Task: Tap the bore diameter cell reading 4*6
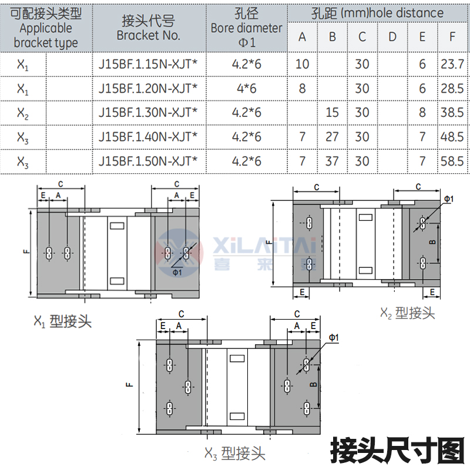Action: pos(246,88)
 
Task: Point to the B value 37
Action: pos(332,160)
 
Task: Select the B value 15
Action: pos(332,112)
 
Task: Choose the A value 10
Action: pos(302,63)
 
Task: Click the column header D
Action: pos(392,37)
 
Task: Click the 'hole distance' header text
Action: pos(411,12)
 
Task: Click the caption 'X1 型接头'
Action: pos(62,321)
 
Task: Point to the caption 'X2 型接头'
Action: pos(407,313)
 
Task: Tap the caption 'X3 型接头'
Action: pos(234,453)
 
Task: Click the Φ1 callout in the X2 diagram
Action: pos(448,200)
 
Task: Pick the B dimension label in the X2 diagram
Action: pos(432,242)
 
